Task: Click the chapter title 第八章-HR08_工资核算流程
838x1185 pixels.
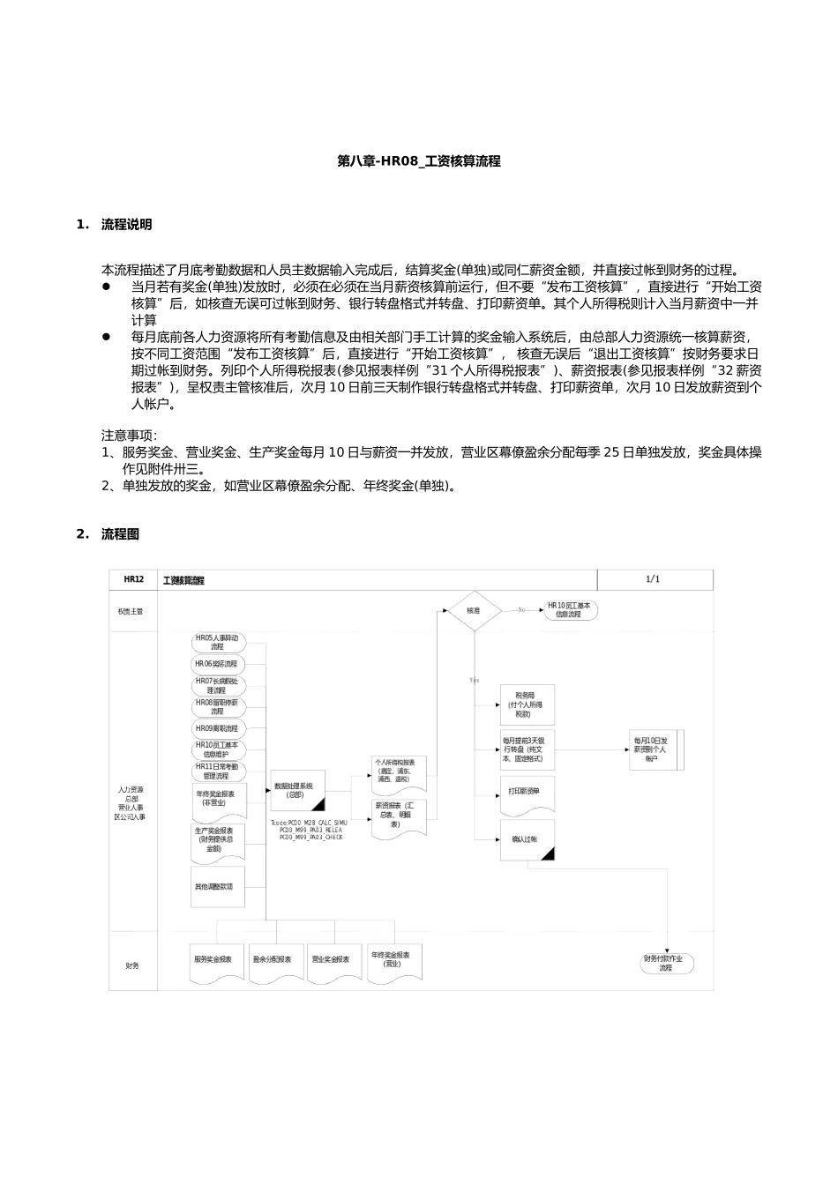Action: pyautogui.click(x=419, y=161)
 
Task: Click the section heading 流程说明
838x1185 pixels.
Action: pyautogui.click(x=126, y=225)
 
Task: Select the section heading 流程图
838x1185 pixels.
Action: pyautogui.click(x=120, y=534)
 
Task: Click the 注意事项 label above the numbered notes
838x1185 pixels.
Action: pyautogui.click(x=129, y=436)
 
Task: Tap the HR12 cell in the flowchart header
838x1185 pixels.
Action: pyautogui.click(x=133, y=579)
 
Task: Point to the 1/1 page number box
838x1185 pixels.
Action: pyautogui.click(x=653, y=579)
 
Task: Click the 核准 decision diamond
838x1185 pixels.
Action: pyautogui.click(x=474, y=610)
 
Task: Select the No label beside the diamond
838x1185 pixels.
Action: pyautogui.click(x=521, y=610)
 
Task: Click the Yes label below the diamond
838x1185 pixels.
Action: pyautogui.click(x=475, y=681)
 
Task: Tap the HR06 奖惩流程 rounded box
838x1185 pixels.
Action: pyautogui.click(x=216, y=664)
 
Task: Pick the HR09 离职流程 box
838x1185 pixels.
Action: pyautogui.click(x=216, y=728)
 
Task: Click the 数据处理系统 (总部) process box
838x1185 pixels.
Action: pyautogui.click(x=299, y=790)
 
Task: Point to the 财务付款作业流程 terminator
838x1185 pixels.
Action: pyautogui.click(x=668, y=963)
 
